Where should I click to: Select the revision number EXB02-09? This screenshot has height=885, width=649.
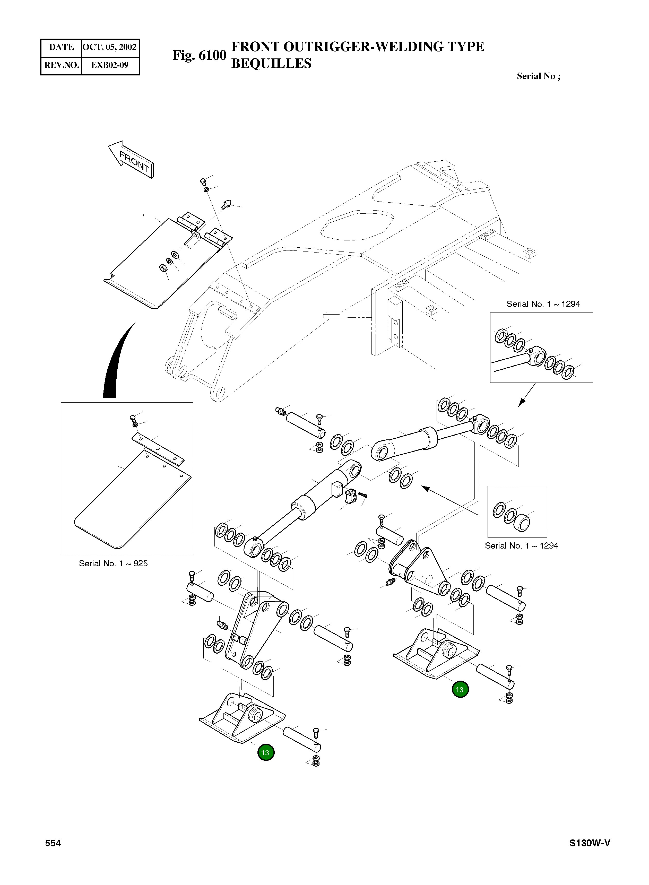[110, 65]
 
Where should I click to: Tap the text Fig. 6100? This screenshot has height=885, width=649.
[199, 55]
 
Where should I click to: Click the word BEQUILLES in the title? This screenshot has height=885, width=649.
[271, 64]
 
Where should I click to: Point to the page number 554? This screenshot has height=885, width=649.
[53, 843]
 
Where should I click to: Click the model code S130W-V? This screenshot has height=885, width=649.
[590, 843]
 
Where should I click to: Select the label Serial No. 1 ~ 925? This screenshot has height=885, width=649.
[113, 563]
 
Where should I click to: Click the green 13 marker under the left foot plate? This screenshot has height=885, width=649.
[266, 753]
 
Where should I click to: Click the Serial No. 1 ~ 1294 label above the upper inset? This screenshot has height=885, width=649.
[543, 304]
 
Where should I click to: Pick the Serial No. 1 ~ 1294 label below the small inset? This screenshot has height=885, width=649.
[521, 546]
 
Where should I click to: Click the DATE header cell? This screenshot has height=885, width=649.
[61, 47]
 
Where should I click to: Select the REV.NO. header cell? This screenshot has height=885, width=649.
[61, 65]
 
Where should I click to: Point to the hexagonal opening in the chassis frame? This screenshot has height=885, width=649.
[357, 225]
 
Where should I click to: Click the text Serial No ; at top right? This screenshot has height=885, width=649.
[538, 76]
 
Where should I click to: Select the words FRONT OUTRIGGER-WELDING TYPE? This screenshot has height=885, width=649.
[358, 47]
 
